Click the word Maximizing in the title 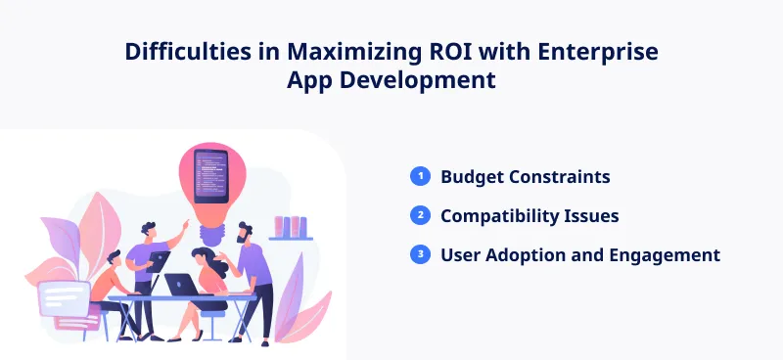[x=340, y=52]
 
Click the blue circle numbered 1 [x=420, y=176]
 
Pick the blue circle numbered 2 [x=420, y=215]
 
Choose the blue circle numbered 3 [x=420, y=254]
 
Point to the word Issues [x=594, y=216]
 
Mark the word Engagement [x=666, y=255]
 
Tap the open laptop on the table [x=180, y=284]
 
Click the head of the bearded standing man [x=245, y=234]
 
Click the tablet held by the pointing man [x=160, y=258]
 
